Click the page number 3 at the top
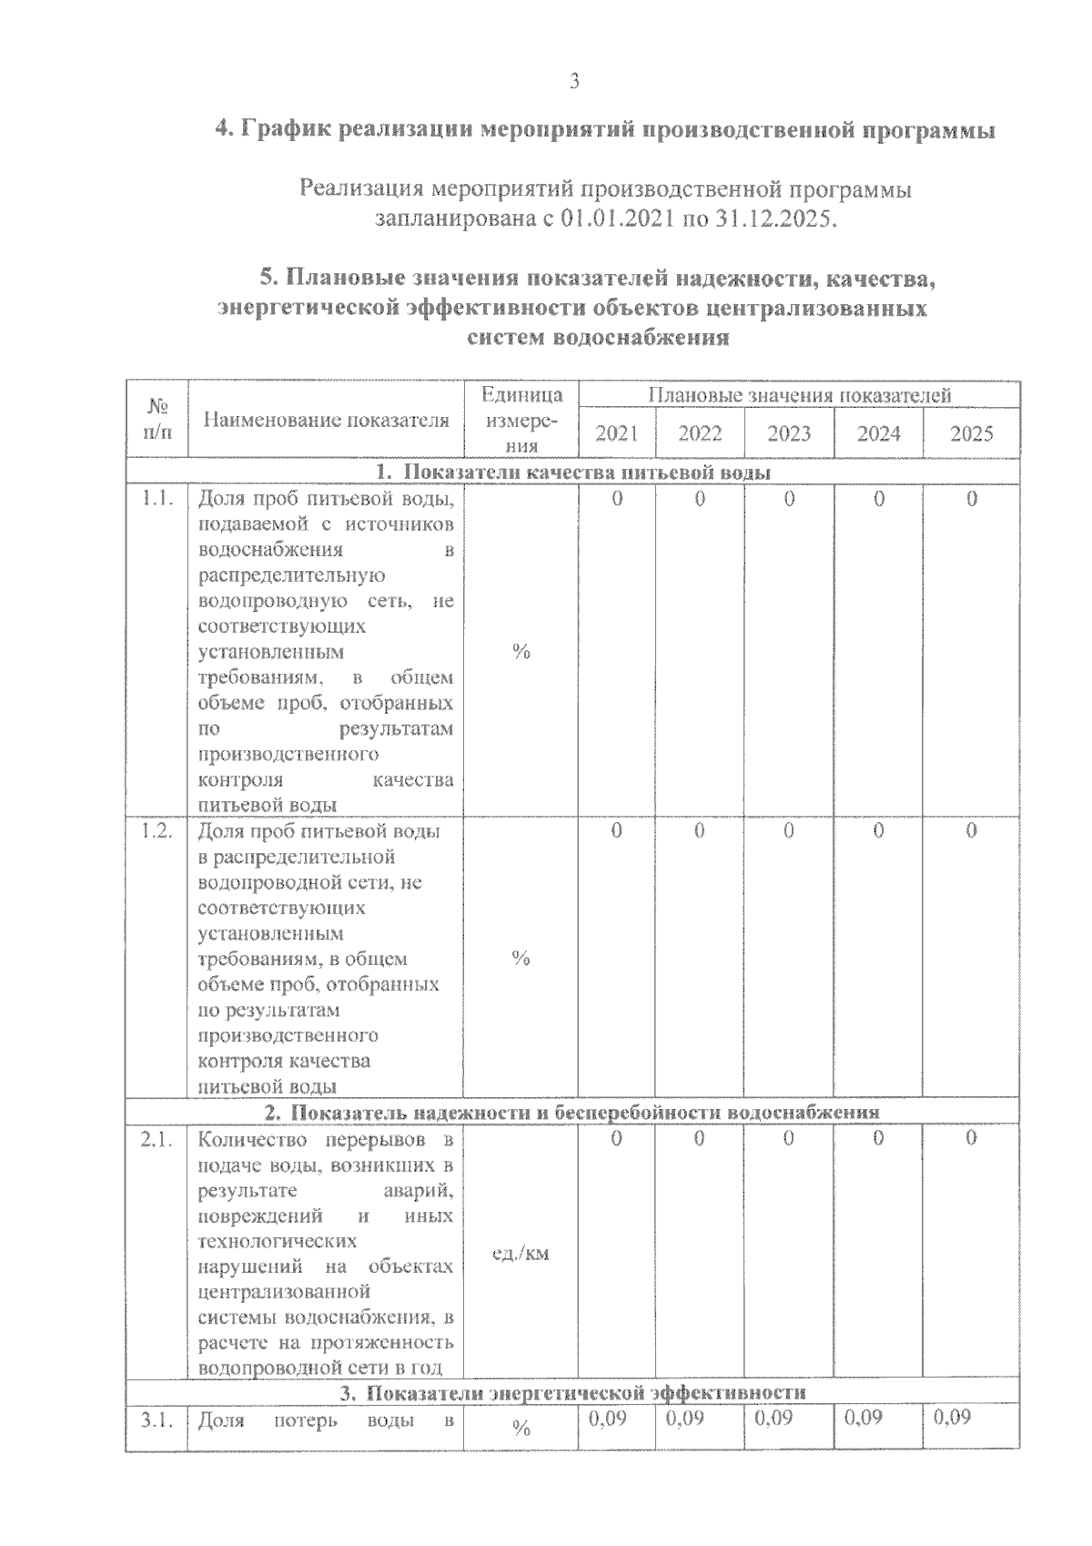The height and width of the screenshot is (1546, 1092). point(573,81)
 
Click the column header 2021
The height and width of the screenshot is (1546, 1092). point(616,433)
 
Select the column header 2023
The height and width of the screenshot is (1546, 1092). point(788,433)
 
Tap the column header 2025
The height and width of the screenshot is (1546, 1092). point(971,433)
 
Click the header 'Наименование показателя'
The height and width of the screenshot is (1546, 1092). point(326,420)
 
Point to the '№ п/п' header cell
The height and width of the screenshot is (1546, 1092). point(157,420)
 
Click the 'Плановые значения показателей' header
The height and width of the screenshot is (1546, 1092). point(799,395)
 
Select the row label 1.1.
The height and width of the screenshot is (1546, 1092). point(157,499)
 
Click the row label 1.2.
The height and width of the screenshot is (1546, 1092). point(157,831)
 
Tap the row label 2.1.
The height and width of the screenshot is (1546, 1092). point(157,1139)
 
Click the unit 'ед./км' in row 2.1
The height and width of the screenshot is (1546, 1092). point(521,1254)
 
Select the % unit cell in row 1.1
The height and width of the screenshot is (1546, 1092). point(521,651)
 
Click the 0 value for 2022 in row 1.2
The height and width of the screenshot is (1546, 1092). point(699,830)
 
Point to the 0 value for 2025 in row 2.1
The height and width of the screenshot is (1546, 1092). point(971,1138)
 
